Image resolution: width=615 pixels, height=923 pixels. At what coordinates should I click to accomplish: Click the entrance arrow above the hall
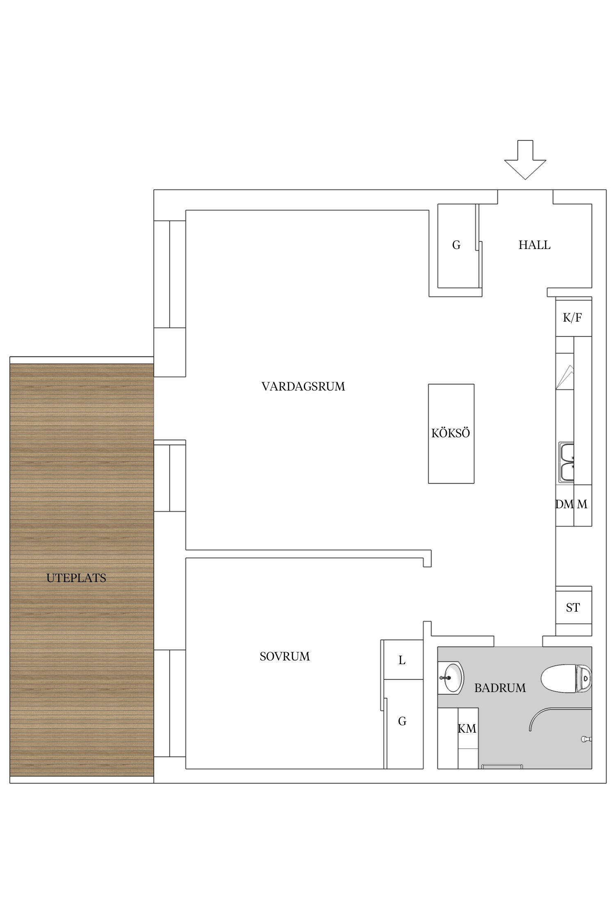click(525, 161)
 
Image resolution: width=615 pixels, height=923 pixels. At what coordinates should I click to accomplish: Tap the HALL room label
click(534, 245)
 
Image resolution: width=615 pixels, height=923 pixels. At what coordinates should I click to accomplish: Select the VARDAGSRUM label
click(303, 386)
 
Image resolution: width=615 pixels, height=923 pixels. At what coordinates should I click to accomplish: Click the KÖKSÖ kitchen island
click(451, 433)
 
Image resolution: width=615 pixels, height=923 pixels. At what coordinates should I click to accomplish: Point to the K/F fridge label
click(572, 318)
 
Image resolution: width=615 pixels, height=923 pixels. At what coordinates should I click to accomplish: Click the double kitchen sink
click(567, 462)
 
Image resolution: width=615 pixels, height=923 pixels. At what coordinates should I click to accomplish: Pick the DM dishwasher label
click(564, 504)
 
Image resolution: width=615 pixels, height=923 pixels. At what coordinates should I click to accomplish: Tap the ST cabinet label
click(573, 608)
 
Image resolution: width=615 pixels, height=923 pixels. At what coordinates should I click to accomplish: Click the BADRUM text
click(500, 688)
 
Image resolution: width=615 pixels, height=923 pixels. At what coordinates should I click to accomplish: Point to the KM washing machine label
click(467, 729)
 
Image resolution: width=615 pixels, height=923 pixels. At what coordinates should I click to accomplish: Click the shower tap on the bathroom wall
click(585, 739)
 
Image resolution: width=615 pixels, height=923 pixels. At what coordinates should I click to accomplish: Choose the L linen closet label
click(402, 660)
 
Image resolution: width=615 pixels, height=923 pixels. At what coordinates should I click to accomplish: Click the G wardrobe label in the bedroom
click(402, 721)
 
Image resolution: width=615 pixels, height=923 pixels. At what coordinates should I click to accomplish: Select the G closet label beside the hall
click(456, 245)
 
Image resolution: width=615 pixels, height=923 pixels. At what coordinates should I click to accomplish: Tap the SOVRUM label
click(285, 656)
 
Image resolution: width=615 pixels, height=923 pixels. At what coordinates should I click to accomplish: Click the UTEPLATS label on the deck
click(76, 578)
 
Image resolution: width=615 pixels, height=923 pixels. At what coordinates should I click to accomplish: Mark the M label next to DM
click(582, 504)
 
